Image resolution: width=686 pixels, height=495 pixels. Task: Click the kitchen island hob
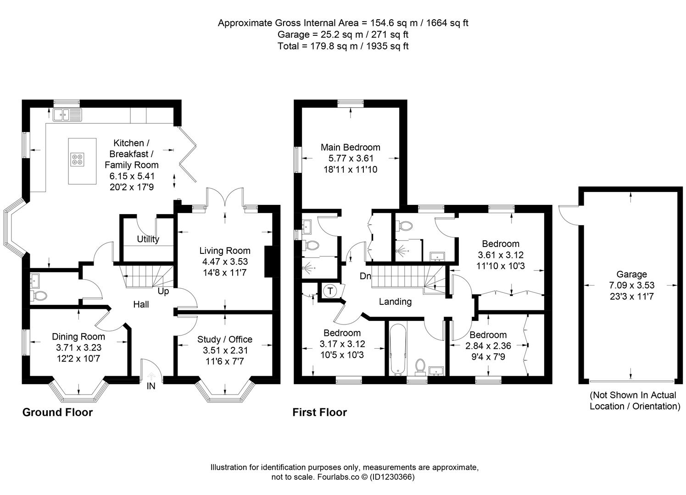coord(77,159)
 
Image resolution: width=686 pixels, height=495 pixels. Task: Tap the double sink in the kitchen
coord(67,115)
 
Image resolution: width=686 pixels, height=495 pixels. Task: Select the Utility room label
coord(148,239)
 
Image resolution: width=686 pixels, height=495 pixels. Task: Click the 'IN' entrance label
coord(151,386)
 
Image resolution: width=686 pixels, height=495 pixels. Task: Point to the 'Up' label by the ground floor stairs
coord(163,291)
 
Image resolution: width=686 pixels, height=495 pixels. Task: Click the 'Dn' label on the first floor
coord(365,276)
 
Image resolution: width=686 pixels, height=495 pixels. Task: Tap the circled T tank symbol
coord(329,291)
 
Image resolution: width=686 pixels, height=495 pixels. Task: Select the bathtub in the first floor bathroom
coord(397,349)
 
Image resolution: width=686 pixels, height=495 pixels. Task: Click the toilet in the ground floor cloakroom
coord(39,296)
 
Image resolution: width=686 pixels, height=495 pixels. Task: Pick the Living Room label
coord(224,251)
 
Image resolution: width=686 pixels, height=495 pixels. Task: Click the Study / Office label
coord(224,339)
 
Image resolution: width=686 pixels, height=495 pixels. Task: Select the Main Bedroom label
coord(350,147)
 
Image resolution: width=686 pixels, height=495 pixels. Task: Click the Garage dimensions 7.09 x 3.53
coord(631,286)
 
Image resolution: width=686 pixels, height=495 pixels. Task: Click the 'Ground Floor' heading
coord(57,412)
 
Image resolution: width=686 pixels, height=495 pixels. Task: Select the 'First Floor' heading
coord(319,412)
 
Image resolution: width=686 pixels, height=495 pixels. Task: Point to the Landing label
coord(395,302)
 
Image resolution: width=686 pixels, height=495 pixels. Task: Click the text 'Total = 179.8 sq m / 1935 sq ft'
coord(343,46)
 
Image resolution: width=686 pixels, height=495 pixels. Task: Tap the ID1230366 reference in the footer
coord(392,477)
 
